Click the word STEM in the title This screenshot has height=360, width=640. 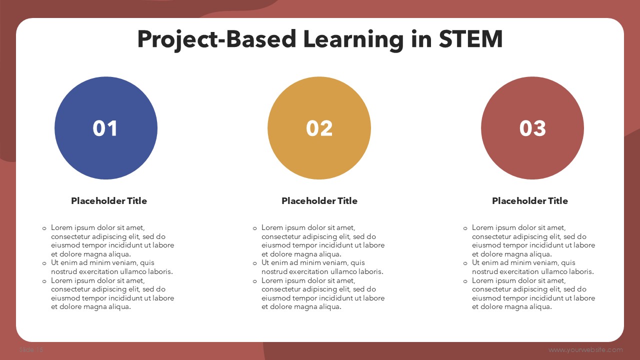470,39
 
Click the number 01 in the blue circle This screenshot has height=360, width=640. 105,128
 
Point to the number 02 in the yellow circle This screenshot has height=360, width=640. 319,128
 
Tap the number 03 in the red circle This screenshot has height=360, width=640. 532,128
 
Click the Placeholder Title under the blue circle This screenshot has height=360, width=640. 109,201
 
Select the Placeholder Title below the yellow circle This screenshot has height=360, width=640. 319,201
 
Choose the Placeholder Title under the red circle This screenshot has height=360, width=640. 530,201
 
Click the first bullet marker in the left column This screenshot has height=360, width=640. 44,228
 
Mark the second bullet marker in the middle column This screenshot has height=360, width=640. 255,263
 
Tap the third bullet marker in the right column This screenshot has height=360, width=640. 465,281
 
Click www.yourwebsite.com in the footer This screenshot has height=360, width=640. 585,349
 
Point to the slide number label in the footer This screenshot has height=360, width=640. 31,349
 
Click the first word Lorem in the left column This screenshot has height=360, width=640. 61,227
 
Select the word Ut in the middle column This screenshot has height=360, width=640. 265,262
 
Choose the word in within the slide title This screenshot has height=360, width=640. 421,39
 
